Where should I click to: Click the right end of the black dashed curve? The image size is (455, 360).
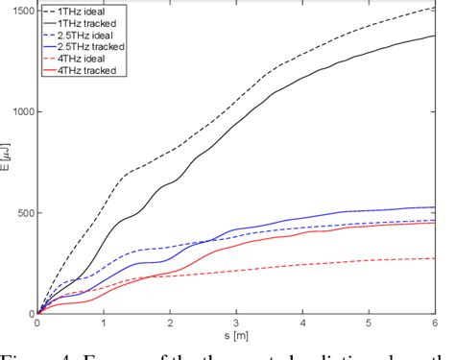pos(436,8)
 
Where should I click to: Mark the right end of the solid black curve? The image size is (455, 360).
pos(436,36)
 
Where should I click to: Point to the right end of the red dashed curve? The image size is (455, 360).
pos(436,258)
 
